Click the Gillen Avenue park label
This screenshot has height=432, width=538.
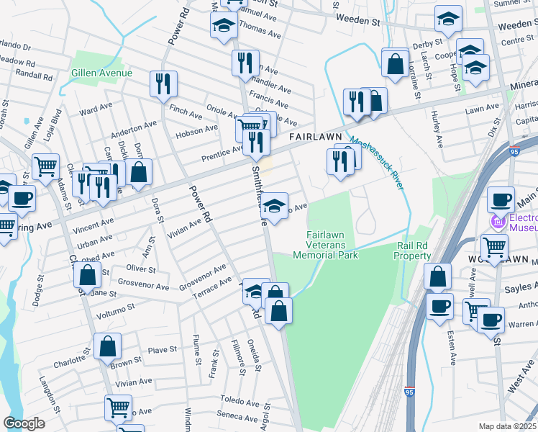click(101, 73)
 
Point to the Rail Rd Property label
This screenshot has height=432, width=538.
click(413, 251)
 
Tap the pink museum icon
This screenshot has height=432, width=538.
click(497, 220)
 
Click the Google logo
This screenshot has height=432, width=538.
click(24, 423)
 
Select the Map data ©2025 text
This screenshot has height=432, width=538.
click(507, 426)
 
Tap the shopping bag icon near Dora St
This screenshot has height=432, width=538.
click(139, 171)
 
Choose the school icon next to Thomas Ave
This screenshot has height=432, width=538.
click(223, 25)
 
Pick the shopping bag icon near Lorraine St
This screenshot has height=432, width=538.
click(396, 63)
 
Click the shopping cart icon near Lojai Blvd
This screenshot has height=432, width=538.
click(45, 166)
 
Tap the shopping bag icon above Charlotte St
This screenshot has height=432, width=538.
click(106, 346)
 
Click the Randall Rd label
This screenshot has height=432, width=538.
click(34, 74)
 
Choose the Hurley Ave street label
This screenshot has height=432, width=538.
click(438, 122)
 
